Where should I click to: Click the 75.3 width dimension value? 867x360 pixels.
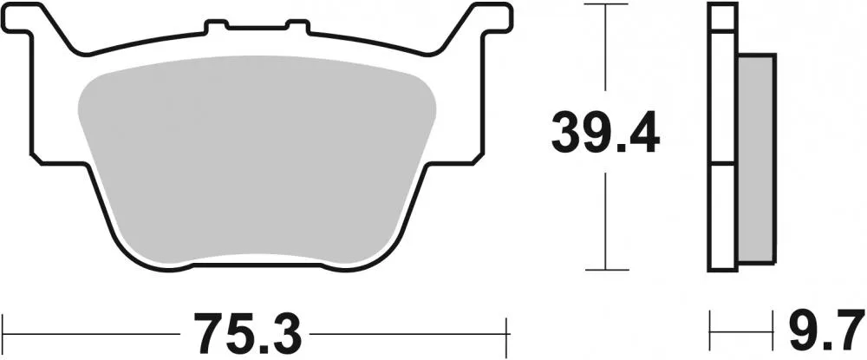click(249, 330)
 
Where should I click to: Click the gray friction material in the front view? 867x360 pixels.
click(256, 156)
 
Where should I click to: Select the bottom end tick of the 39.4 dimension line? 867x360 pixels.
click(605, 268)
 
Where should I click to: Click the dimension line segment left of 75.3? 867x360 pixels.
click(95, 329)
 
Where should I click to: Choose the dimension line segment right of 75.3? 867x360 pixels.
click(407, 329)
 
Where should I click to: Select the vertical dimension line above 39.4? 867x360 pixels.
click(605, 52)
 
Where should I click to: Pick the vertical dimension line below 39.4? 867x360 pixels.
click(605, 217)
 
